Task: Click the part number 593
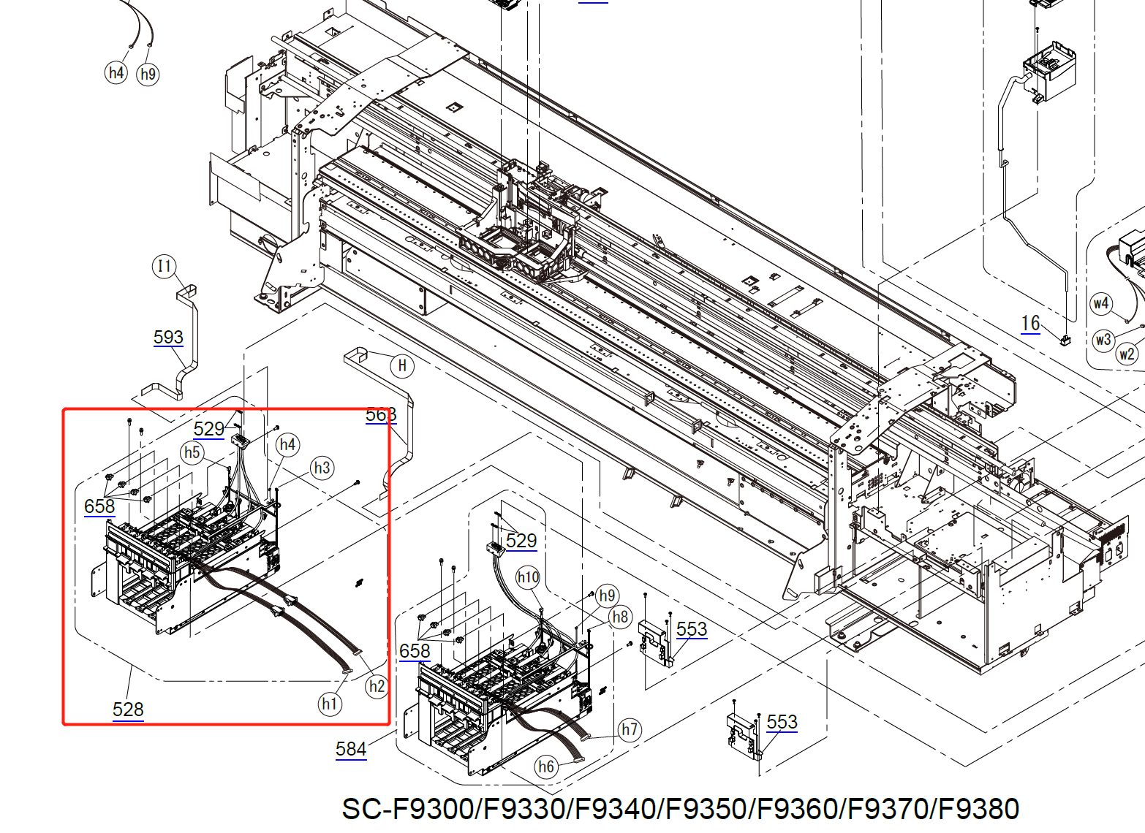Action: tap(168, 337)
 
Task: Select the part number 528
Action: tap(128, 709)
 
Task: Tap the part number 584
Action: tap(351, 749)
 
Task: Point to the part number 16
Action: tap(1030, 323)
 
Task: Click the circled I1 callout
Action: tap(165, 266)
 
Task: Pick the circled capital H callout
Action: tap(401, 365)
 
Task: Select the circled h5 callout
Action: tap(192, 452)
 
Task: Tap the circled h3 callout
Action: tap(322, 468)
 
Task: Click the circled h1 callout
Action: tap(330, 704)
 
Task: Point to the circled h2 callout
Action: tap(377, 686)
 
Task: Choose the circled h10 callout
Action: tap(528, 578)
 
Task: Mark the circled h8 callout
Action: tap(620, 617)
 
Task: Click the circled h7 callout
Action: tap(630, 729)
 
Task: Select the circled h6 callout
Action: tap(546, 766)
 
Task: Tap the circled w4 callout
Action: tap(1101, 303)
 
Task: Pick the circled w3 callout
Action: tap(1103, 340)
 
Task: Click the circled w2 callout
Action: tap(1127, 354)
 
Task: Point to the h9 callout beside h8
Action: tap(607, 596)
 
